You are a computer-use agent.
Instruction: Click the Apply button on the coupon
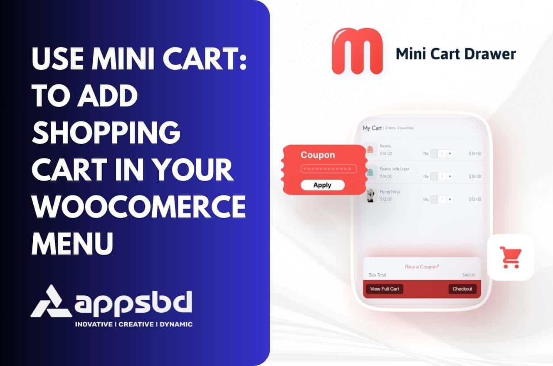tap(322, 185)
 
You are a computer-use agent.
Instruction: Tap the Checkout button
tap(462, 289)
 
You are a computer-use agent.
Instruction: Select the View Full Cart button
tap(384, 289)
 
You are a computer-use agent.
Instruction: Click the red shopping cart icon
tap(510, 257)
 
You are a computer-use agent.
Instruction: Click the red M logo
tap(357, 52)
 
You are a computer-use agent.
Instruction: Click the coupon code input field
tap(328, 169)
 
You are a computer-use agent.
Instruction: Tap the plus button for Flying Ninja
tap(450, 199)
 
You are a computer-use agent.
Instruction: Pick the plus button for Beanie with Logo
tap(450, 176)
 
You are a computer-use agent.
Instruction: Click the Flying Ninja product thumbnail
tap(370, 195)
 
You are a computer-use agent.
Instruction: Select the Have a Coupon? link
tap(422, 267)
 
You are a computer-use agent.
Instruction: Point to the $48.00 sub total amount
tap(469, 275)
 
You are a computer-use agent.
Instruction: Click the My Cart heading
tap(372, 128)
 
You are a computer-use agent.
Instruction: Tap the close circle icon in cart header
tap(476, 127)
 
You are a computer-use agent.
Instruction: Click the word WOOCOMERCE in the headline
tap(138, 207)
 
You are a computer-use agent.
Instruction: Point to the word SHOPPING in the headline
tap(106, 133)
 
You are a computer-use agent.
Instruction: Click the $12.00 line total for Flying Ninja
tap(475, 199)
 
